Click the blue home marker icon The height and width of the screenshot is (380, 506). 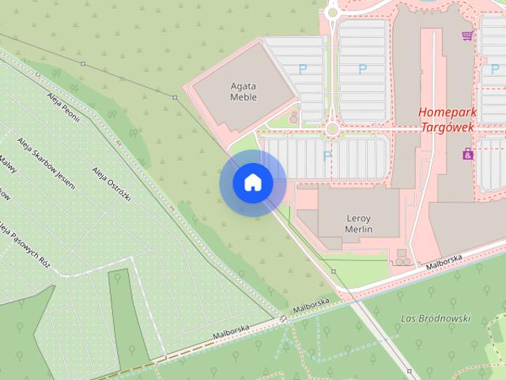pos(252,183)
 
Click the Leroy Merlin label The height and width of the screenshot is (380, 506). pos(359,223)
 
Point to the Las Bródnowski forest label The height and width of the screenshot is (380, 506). pos(436,318)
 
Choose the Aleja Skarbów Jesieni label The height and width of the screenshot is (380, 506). pos(45,163)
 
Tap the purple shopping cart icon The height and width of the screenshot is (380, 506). pos(468,36)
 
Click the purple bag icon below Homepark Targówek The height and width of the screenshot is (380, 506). pos(468,154)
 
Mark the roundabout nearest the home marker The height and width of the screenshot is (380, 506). pos(331,128)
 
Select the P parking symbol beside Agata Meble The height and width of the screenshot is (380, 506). pos(303,70)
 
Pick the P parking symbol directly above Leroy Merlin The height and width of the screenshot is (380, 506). pos(327,154)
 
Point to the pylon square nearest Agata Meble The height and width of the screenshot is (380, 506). pos(174,97)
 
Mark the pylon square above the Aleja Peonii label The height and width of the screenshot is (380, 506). pos(82,63)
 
